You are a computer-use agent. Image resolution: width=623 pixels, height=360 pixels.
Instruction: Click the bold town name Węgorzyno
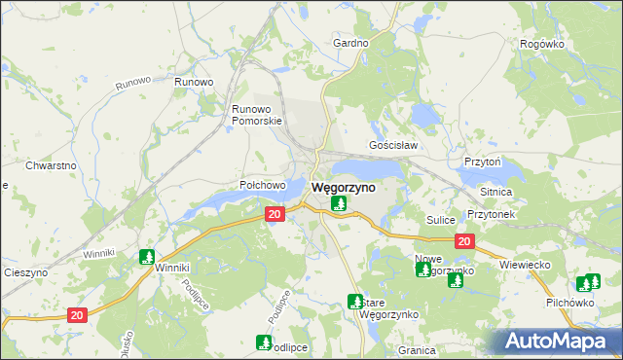pos(343,187)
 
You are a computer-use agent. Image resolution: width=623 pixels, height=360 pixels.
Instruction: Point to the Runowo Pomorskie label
pos(256,115)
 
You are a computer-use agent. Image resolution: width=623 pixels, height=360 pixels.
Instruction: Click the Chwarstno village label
pos(51,165)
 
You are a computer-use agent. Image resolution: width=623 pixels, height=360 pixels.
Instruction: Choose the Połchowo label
pos(262,185)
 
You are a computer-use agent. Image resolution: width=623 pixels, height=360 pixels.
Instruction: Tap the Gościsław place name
pos(393,145)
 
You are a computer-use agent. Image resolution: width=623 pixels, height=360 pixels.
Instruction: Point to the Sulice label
pos(441,220)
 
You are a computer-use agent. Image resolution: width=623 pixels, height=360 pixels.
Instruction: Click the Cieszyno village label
pos(26,273)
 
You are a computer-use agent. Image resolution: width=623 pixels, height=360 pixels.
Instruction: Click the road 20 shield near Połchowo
pos(275,214)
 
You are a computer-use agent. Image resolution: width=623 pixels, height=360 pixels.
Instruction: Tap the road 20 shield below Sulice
pos(464,240)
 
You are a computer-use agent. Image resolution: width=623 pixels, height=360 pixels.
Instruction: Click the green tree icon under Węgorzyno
pos(338,203)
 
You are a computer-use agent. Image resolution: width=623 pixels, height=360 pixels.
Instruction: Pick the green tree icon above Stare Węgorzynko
pos(355,302)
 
